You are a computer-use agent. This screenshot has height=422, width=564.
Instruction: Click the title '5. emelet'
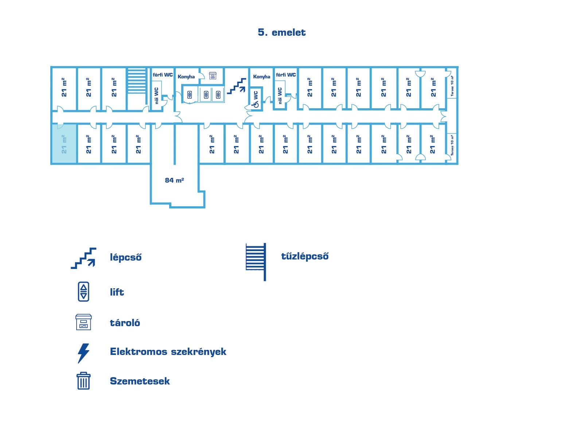pos(281,32)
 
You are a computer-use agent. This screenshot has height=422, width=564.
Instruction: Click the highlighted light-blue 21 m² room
pos(64,144)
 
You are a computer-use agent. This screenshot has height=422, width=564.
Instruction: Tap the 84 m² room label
pos(174,180)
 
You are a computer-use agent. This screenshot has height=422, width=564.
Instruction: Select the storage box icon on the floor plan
pos(213,75)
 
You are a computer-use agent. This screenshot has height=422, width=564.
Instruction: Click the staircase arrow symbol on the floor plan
pos(237,86)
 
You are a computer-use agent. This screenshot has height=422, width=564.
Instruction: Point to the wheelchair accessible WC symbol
pos(256,105)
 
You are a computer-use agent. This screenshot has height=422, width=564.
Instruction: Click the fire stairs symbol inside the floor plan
pos(137,81)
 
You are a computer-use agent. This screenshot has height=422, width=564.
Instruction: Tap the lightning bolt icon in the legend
pos(83,353)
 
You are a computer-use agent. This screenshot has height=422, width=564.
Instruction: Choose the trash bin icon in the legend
pos(83,381)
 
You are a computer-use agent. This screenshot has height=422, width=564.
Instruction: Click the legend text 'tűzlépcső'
pos(305,257)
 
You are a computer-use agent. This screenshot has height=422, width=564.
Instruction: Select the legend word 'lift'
pos(117,292)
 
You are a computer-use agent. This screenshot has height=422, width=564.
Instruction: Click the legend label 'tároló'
pos(125,323)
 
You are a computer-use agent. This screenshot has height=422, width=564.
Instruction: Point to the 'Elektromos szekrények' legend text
pos(168,352)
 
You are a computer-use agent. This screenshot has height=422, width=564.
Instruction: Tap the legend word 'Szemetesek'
pos(140,381)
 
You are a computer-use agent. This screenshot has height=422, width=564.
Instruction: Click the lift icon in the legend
pos(83,292)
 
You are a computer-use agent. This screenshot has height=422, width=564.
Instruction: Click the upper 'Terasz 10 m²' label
pos(452,86)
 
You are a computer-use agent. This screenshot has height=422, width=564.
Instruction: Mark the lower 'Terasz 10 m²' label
pos(452,145)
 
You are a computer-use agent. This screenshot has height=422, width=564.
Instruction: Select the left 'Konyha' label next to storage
pos(186,77)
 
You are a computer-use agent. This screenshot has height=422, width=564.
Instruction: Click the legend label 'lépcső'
pos(125,257)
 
